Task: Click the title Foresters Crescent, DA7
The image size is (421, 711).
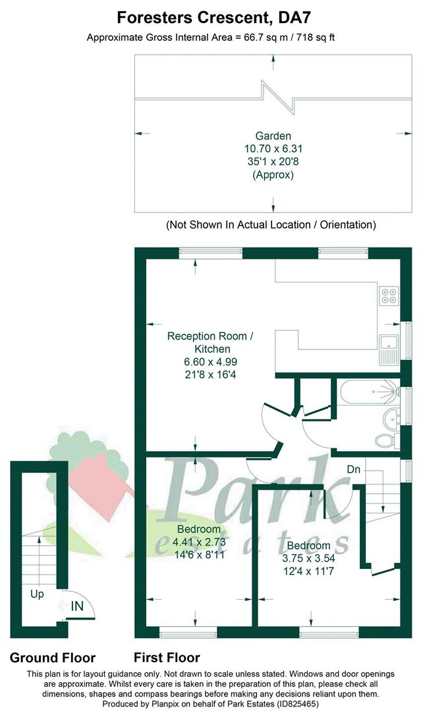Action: (x=213, y=18)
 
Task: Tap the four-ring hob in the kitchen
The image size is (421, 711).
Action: (x=389, y=296)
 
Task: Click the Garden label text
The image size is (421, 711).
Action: (x=273, y=136)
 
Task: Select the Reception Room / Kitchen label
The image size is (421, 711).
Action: (x=211, y=342)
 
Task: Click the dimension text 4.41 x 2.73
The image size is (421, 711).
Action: (x=200, y=542)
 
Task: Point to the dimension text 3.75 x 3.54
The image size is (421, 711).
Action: (x=308, y=558)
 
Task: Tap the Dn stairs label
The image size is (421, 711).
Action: (x=353, y=469)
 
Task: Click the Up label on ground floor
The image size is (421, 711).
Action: (x=37, y=594)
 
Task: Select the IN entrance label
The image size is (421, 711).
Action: (x=77, y=606)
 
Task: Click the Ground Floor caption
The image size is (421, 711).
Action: (x=53, y=658)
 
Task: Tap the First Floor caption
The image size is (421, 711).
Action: (x=167, y=658)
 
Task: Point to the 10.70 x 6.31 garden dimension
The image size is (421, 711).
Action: (x=273, y=149)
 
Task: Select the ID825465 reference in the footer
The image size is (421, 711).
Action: (x=295, y=704)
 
